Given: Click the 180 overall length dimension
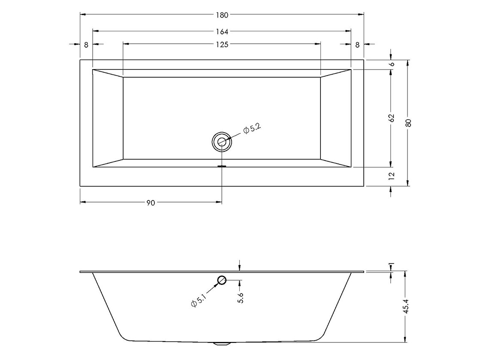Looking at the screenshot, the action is [x=222, y=15].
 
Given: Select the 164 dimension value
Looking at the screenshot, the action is [x=222, y=31].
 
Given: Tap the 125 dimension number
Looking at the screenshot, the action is [x=222, y=45].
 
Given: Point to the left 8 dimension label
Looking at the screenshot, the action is [x=86, y=45].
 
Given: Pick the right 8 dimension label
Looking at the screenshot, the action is [x=357, y=45].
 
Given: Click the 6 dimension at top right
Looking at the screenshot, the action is [x=392, y=64].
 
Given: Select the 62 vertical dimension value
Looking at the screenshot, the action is [x=392, y=118].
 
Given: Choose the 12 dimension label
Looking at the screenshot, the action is [x=392, y=176].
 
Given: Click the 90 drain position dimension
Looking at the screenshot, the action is [x=151, y=203].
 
